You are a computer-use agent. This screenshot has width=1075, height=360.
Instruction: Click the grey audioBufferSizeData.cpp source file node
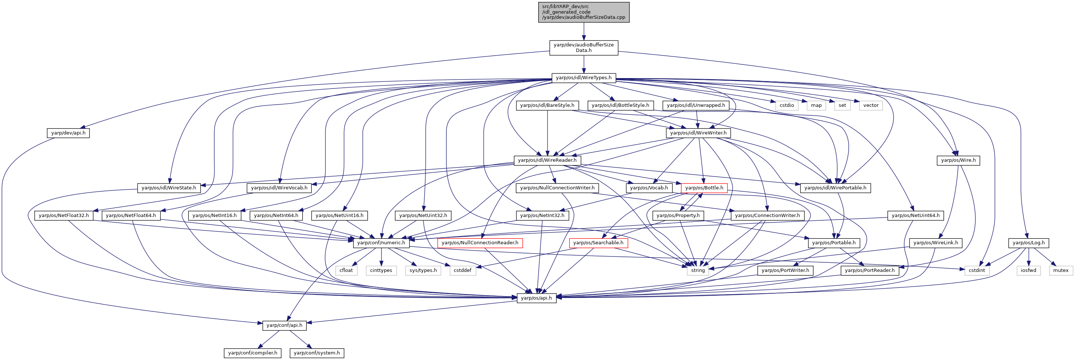coord(584,12)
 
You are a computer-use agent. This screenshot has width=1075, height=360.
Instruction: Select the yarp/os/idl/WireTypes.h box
coord(584,78)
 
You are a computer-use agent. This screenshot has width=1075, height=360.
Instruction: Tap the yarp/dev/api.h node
coord(68,133)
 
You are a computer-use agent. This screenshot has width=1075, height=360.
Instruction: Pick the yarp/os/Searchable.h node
coord(598,243)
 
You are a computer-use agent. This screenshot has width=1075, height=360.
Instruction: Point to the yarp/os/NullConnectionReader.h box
coord(480,243)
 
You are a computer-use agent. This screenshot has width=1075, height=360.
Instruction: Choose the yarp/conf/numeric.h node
coord(381,243)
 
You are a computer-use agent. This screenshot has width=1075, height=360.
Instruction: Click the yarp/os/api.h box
coord(536,298)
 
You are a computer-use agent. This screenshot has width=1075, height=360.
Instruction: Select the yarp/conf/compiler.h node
coord(253,353)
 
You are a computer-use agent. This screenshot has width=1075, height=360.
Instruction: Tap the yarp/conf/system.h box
coord(317,353)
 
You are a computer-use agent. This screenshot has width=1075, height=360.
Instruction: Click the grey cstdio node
coord(787,105)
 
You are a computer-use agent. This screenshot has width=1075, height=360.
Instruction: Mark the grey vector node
coord(871,105)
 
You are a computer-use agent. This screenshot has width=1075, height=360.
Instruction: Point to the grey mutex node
coord(1060,270)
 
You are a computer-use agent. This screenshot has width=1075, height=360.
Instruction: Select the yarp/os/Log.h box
coord(1029,243)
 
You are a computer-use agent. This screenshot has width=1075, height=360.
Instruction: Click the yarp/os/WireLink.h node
coord(936,243)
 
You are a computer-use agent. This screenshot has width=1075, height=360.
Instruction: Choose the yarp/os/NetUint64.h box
coord(916,216)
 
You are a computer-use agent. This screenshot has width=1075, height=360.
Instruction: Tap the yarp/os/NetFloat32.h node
coord(64,216)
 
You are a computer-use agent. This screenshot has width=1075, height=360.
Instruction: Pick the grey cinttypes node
coord(381,270)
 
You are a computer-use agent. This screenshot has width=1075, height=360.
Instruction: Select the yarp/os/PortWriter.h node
coord(785,270)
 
